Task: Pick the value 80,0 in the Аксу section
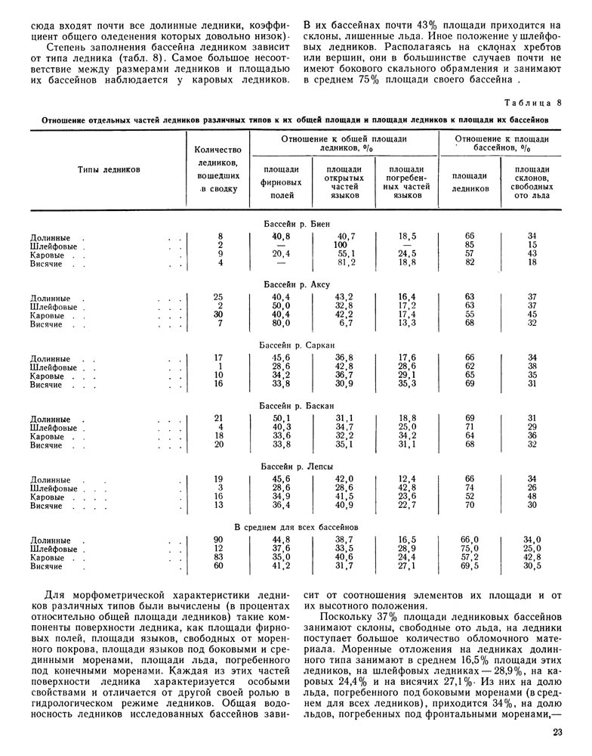coord(281,324)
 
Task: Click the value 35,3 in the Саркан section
coord(408,384)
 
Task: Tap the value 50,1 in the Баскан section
coord(281,418)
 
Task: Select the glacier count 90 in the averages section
coord(219,539)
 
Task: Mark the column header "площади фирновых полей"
coord(280,181)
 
